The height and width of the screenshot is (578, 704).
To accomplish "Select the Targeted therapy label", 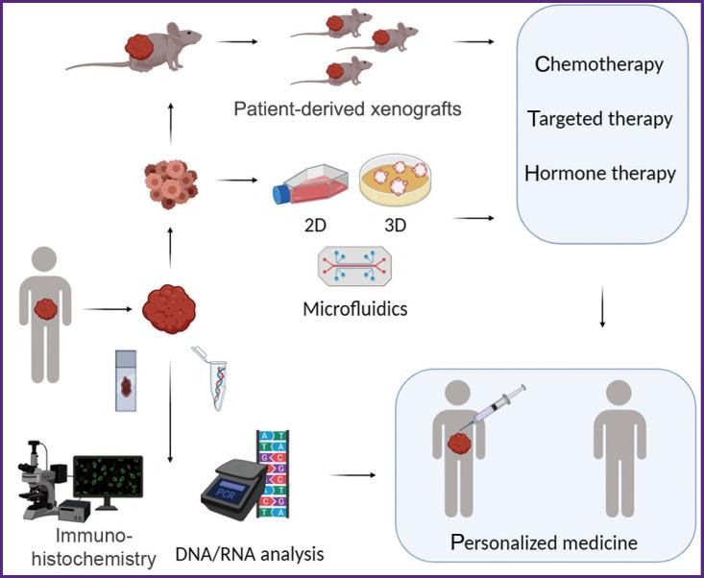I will [599, 119].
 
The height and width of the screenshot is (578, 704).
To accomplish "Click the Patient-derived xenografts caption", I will [347, 108].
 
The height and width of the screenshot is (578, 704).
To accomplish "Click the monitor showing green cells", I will [108, 480].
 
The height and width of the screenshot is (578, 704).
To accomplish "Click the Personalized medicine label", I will [544, 543].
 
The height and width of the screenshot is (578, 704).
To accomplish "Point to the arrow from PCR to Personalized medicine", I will [352, 473].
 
